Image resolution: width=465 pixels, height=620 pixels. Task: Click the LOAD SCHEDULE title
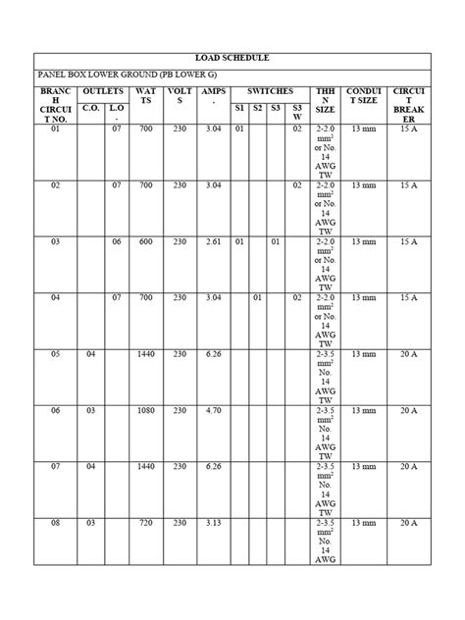[x=232, y=60]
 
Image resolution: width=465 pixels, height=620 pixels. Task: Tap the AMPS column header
[x=213, y=96]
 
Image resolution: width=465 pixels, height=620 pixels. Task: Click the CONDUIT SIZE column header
[x=363, y=96]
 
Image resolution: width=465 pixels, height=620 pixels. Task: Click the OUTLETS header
[x=103, y=90]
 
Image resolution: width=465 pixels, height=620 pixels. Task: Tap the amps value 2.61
[x=213, y=240]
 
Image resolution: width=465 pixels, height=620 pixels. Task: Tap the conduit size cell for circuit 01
[x=363, y=128]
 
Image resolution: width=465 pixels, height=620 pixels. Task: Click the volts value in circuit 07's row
[x=180, y=467]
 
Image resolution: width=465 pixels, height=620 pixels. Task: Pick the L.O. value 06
[x=116, y=240]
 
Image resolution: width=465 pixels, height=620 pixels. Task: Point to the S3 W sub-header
[x=297, y=112]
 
